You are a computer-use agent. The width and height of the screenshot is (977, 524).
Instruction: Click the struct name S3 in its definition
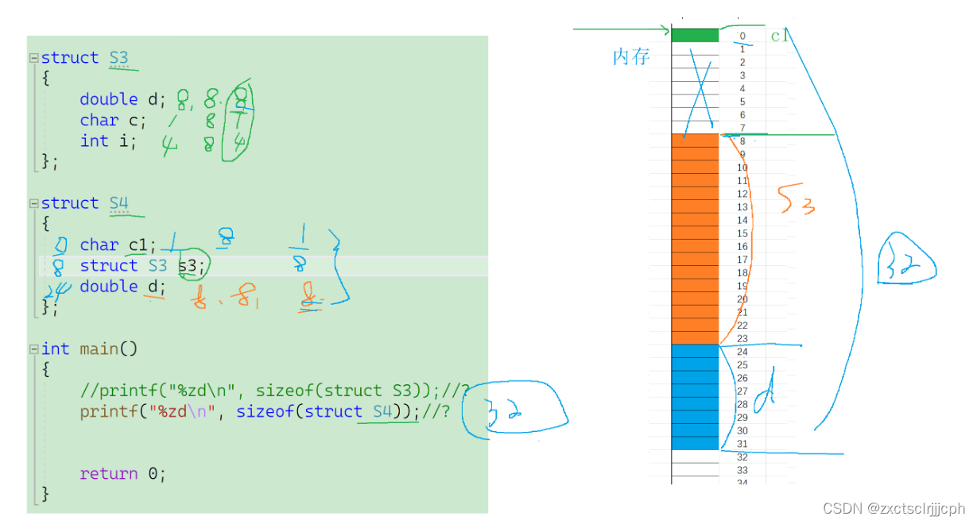point(118,58)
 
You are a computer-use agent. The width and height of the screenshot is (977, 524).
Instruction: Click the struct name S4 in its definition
point(118,203)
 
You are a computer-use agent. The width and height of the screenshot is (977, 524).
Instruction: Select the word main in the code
point(99,349)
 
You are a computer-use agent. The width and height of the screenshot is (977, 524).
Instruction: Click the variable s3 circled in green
point(188,266)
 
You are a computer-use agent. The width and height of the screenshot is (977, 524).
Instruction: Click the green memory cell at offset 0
point(695,35)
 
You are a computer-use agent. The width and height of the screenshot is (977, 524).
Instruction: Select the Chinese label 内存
point(631,57)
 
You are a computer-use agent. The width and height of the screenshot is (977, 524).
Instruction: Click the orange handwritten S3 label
point(796,202)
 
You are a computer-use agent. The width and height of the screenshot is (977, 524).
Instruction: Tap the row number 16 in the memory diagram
point(742,247)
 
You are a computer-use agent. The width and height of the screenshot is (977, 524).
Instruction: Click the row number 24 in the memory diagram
point(742,352)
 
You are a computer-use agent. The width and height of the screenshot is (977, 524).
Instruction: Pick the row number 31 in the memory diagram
point(742,444)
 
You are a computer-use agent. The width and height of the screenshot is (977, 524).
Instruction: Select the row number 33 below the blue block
point(742,470)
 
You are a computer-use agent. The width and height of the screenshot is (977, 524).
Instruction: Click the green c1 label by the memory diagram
point(778,36)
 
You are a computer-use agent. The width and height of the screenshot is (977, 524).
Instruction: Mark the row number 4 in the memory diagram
point(742,88)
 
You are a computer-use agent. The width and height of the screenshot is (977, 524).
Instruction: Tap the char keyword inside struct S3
point(99,121)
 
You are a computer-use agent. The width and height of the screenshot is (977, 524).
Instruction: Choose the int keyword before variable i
point(94,141)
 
